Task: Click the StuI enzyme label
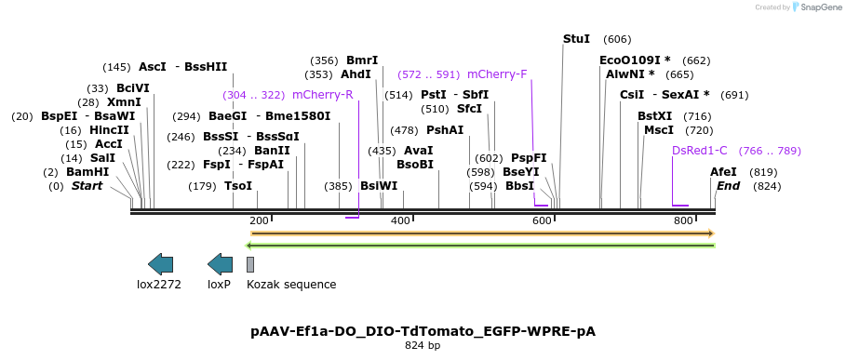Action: [576, 39]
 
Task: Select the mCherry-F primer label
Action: [497, 73]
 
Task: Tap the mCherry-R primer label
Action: [322, 95]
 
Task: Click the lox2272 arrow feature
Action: [160, 264]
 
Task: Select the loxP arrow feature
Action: [220, 264]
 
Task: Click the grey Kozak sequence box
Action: [250, 264]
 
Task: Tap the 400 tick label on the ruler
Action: [400, 220]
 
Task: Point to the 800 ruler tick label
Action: [683, 220]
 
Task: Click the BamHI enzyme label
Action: [87, 172]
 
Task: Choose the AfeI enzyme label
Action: [723, 172]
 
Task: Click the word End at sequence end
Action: [728, 186]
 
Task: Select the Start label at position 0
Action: [87, 186]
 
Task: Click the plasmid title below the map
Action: [423, 331]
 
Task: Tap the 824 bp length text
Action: [423, 346]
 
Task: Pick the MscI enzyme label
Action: [658, 130]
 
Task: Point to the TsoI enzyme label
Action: [238, 186]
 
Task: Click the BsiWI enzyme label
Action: [379, 186]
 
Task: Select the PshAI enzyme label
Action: [445, 130]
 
